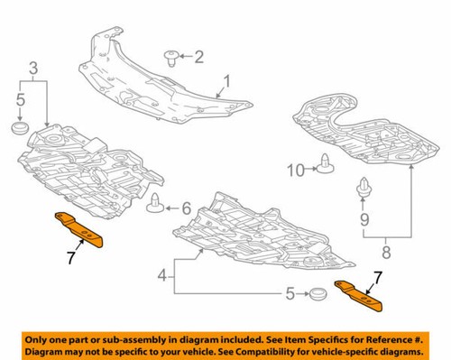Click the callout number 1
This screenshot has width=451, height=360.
coord(227,82)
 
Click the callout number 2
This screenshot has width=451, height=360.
coord(200,57)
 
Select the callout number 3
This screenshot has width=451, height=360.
coord(33,69)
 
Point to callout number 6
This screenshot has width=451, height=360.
coord(187,208)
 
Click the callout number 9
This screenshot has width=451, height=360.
coord(365,219)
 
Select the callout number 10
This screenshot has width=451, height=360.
coord(294,169)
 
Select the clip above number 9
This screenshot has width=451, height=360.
coord(365,188)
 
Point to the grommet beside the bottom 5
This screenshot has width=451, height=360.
coord(316,294)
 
